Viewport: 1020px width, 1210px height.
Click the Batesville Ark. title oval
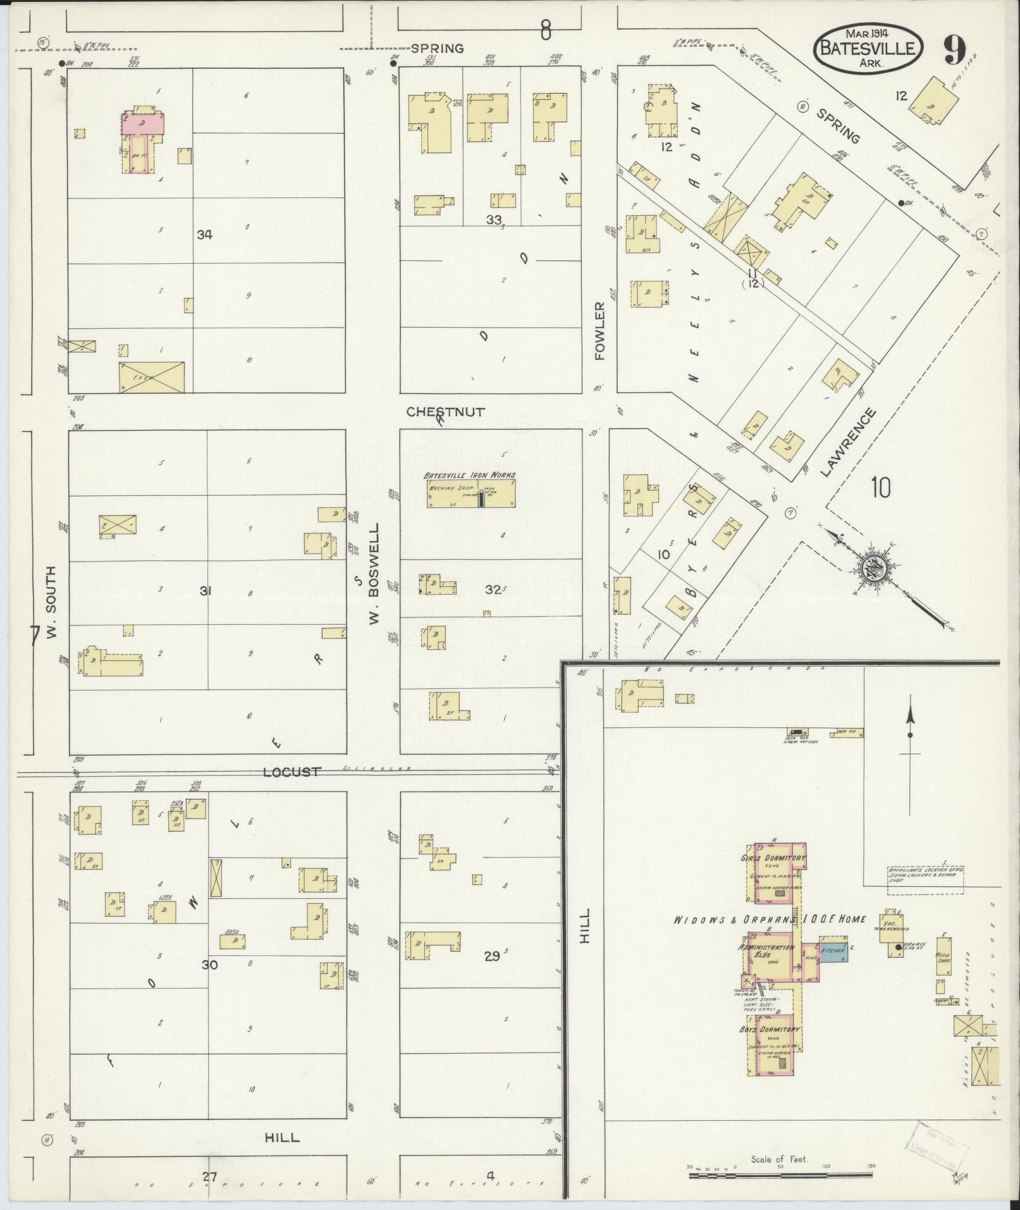(x=868, y=49)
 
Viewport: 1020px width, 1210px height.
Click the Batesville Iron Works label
(x=469, y=475)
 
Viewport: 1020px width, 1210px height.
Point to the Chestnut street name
(x=445, y=412)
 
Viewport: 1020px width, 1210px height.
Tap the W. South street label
(x=51, y=603)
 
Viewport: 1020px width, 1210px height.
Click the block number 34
(x=204, y=235)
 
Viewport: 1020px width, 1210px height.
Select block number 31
(x=205, y=591)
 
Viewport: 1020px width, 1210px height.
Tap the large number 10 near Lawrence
(x=880, y=487)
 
